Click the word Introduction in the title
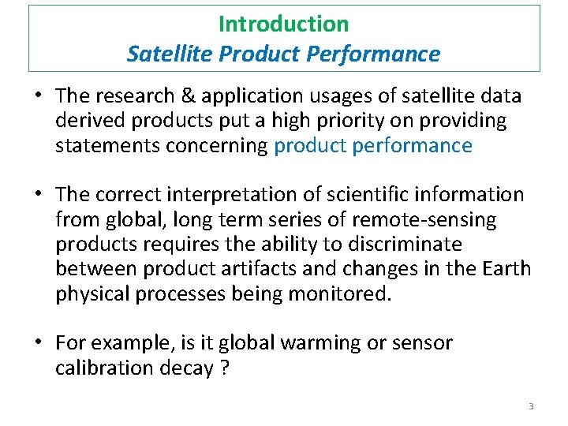283,24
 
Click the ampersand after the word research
185,96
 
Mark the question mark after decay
224,368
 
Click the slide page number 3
531,405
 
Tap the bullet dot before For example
38,343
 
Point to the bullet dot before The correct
38,194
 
